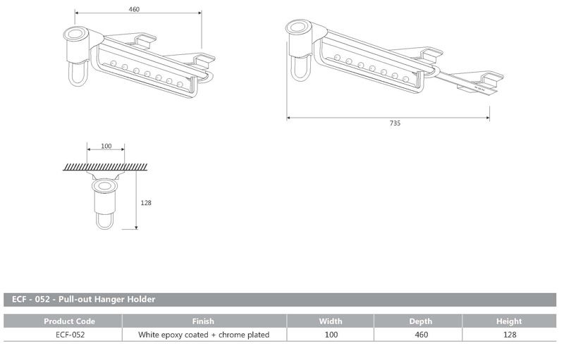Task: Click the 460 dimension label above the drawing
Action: (135, 9)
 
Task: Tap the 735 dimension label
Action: (395, 123)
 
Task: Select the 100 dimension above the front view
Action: (106, 147)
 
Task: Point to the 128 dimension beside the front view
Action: (147, 203)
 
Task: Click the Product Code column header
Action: (69, 321)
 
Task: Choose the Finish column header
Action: (203, 321)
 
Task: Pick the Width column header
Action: (331, 321)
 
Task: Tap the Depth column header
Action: (421, 321)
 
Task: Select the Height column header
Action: (508, 321)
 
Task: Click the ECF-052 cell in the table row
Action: (69, 335)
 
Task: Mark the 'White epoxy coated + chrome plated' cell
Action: (203, 335)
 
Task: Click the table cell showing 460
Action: (421, 335)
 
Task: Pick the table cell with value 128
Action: (508, 335)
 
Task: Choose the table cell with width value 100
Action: (331, 335)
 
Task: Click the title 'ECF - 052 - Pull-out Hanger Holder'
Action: (84, 299)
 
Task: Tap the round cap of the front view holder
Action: (104, 187)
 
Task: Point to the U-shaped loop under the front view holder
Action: (104, 221)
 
